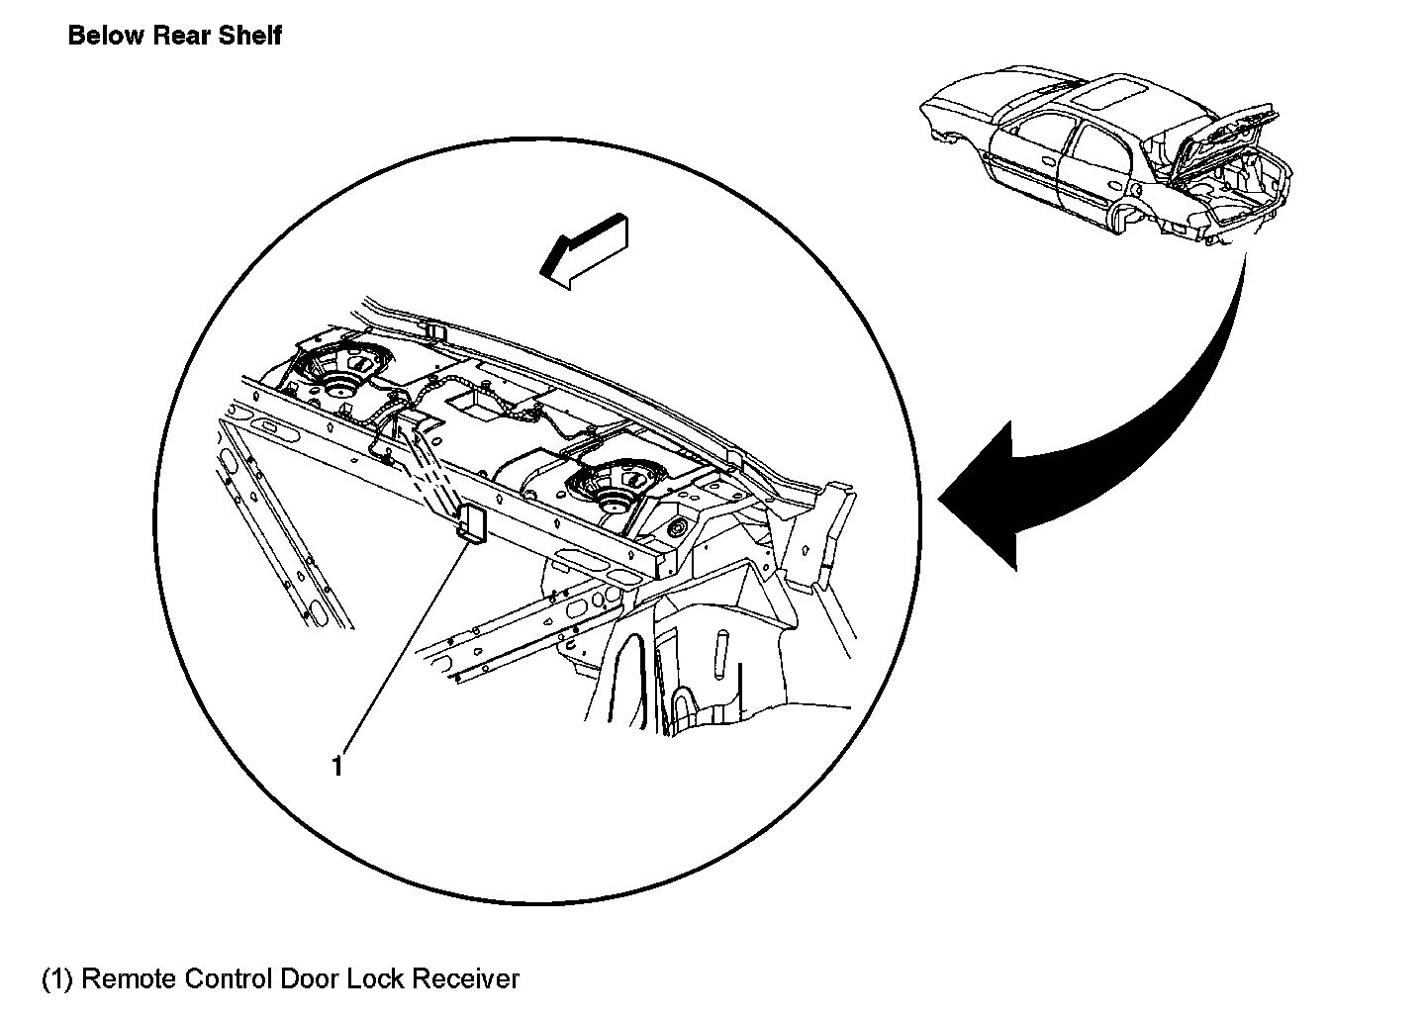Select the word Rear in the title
point(183,37)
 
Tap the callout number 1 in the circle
point(337,766)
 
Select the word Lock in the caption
point(376,979)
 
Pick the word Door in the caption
point(311,979)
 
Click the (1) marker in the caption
point(57,979)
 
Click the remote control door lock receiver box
point(471,522)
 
